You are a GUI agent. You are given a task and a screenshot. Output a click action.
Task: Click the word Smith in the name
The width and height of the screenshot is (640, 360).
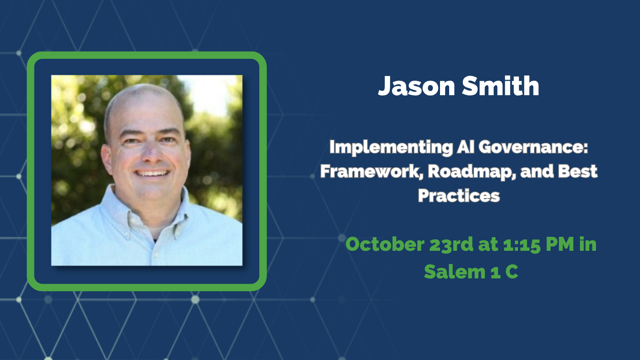click(x=500, y=86)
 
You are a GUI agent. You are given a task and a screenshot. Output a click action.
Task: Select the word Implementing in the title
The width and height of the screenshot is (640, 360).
click(x=391, y=148)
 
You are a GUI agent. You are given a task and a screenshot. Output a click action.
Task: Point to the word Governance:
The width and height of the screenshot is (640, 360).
click(x=533, y=147)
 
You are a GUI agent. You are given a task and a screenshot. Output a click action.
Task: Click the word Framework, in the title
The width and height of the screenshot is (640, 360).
click(x=372, y=172)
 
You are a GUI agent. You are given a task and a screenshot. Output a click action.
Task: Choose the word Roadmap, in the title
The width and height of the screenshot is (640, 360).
click(x=472, y=172)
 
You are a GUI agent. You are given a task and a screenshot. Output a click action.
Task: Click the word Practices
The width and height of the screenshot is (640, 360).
click(x=459, y=196)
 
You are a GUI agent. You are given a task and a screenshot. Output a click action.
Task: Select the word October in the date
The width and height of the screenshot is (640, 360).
click(x=385, y=244)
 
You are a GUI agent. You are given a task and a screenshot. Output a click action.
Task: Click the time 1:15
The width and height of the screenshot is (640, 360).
click(x=522, y=244)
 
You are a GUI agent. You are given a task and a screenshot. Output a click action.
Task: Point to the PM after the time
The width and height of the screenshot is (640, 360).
click(x=560, y=244)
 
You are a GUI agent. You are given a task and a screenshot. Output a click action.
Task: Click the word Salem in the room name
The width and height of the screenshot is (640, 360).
click(x=455, y=272)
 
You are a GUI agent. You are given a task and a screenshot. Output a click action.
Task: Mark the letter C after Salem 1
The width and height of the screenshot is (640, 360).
click(x=512, y=272)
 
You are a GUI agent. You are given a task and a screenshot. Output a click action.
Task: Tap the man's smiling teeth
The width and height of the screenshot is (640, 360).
click(x=152, y=174)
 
